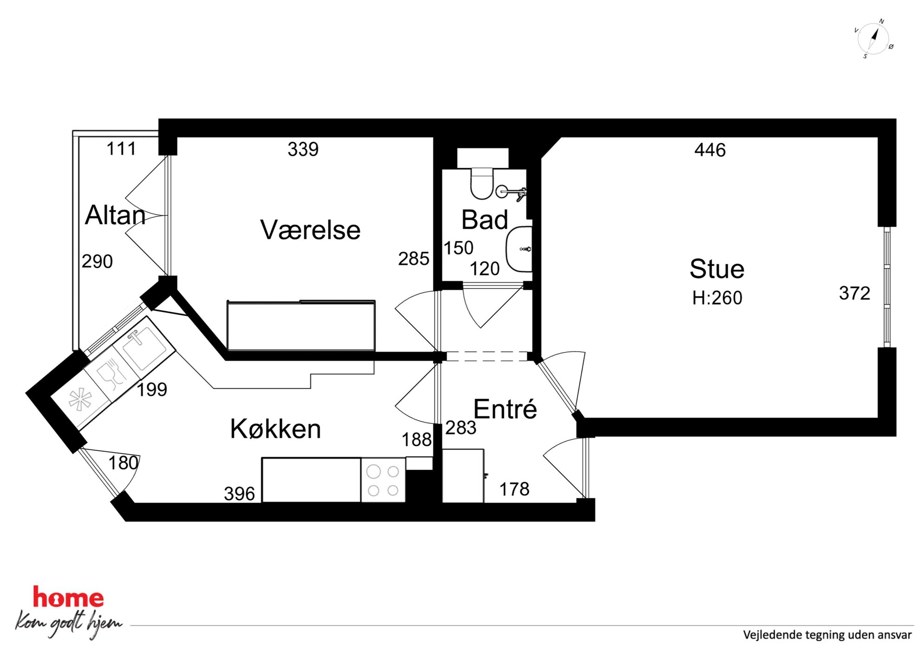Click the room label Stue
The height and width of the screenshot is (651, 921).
[x=717, y=269]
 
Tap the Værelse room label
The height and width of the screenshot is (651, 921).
[x=310, y=230]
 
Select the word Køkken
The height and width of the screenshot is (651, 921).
[x=276, y=428]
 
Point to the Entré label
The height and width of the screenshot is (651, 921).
[x=505, y=409]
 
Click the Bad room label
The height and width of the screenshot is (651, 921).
[x=485, y=219]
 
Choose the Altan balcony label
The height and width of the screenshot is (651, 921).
[x=115, y=215]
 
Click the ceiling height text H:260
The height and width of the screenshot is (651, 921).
[x=717, y=298]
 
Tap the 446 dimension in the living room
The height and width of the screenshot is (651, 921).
[x=710, y=150]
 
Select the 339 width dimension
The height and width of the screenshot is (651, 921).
[x=303, y=149]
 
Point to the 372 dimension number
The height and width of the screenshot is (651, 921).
[x=855, y=293]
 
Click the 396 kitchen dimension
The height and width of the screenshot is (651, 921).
[x=239, y=494]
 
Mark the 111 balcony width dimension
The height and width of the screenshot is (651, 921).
[x=121, y=148]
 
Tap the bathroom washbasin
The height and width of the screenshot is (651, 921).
[x=519, y=249]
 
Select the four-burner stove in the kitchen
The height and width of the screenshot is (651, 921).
[x=383, y=480]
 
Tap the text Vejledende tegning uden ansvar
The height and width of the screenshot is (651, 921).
[x=827, y=635]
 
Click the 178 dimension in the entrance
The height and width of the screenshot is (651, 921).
[x=514, y=489]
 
